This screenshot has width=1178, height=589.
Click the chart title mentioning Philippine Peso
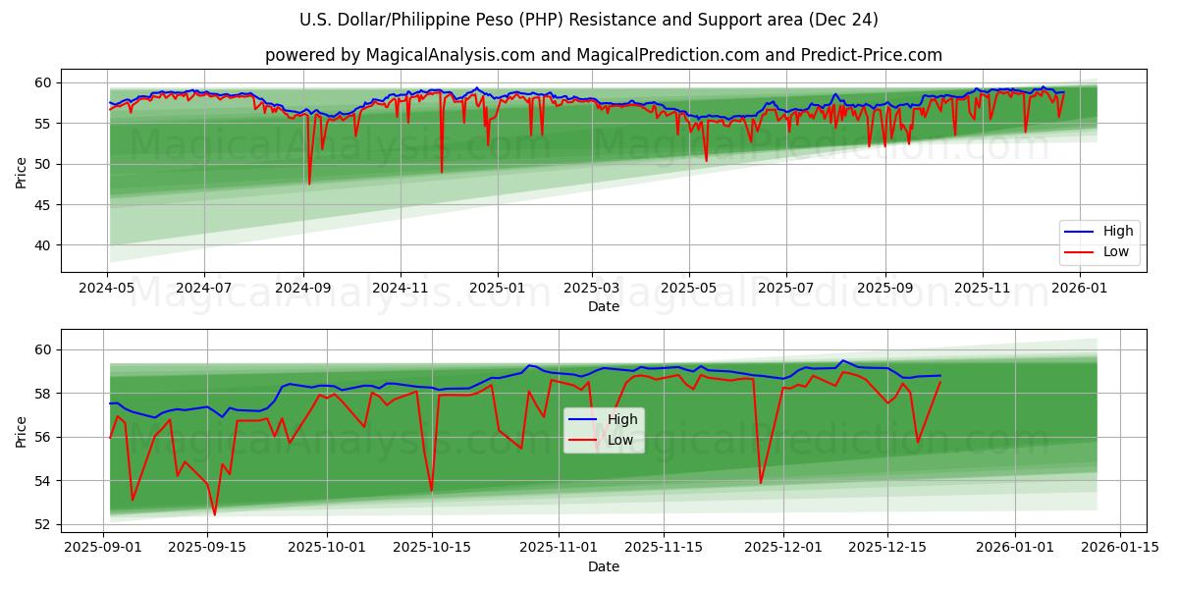(x=589, y=20)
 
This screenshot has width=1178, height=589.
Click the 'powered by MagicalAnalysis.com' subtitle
(x=603, y=55)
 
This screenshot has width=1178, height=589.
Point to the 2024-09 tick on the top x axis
(x=303, y=288)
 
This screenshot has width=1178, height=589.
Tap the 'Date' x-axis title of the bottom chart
(x=603, y=566)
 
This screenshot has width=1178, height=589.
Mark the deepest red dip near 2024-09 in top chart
(x=309, y=184)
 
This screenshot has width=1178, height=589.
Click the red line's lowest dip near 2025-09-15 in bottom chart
(x=214, y=514)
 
